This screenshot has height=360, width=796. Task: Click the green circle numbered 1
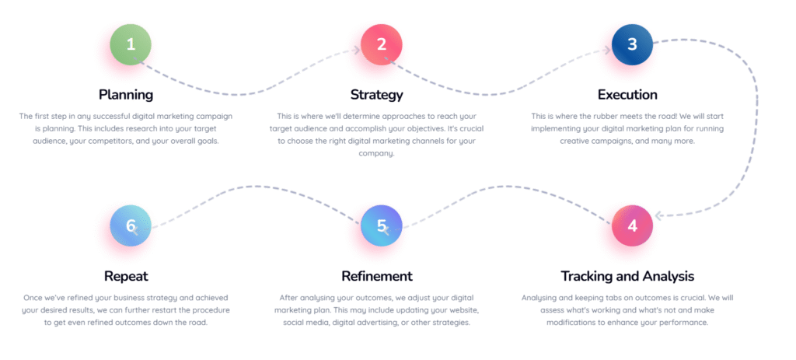[131, 44]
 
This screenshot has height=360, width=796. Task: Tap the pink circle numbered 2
[381, 44]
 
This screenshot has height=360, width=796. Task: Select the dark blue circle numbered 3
[632, 44]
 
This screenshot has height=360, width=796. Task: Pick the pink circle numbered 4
[632, 226]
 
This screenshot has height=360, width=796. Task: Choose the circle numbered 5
[381, 226]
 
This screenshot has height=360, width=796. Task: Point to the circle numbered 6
[131, 226]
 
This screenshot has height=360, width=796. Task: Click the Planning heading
[126, 95]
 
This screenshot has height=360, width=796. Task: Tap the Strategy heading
[377, 95]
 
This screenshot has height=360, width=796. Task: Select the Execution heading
[627, 95]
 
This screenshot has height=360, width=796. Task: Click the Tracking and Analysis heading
[627, 276]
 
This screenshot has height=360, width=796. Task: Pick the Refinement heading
[377, 276]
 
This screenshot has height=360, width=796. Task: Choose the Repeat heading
[126, 277]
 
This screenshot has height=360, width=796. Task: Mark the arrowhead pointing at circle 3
[606, 50]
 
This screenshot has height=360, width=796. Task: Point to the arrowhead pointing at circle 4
[659, 216]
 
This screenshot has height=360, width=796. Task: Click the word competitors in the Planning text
[111, 142]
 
